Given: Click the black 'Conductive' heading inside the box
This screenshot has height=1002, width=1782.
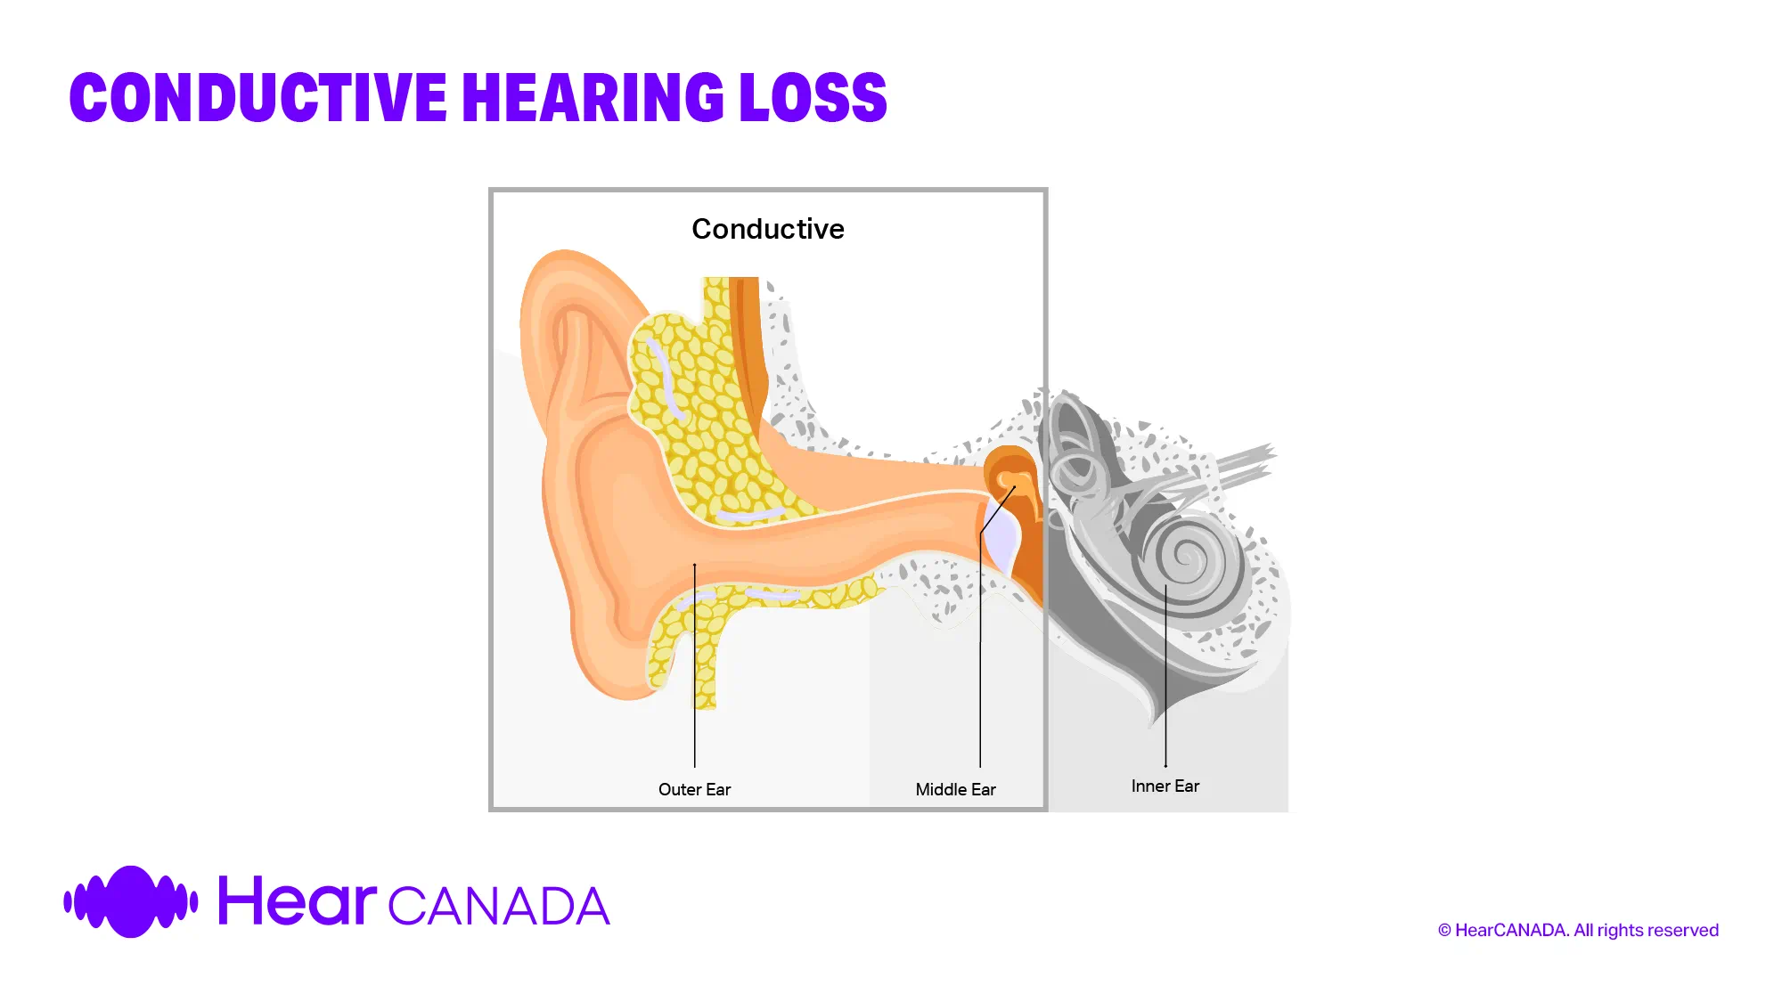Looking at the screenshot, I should click(x=767, y=229).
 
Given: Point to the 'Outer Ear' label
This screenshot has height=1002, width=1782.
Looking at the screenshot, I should click(x=694, y=789).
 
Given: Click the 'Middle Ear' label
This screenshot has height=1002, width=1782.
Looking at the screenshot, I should click(x=955, y=789).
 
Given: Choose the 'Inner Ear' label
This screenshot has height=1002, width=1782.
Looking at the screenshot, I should click(x=1165, y=786).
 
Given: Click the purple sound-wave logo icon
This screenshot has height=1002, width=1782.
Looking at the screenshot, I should click(x=131, y=901).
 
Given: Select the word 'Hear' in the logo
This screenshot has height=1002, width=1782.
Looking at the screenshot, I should click(x=297, y=901).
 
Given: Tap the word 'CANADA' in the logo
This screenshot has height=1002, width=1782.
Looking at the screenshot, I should click(x=499, y=907).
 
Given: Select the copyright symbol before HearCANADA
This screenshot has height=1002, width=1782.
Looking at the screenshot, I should click(x=1444, y=931).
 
